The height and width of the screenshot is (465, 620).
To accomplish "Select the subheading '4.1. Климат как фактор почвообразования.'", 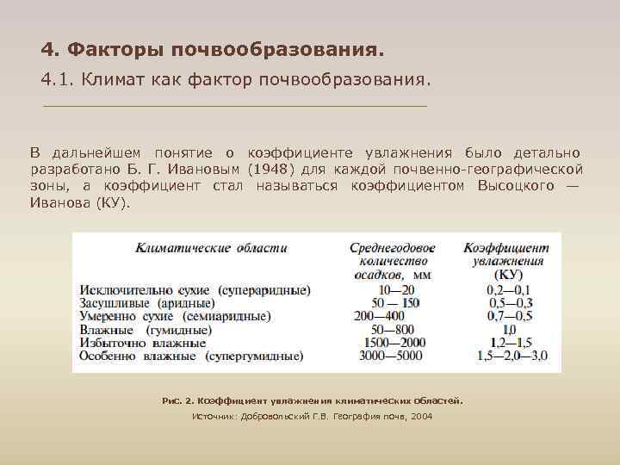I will pos(233,79).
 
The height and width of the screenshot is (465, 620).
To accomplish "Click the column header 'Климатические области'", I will pos(211,248).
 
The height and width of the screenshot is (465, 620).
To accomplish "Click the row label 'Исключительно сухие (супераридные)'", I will pos(195,290).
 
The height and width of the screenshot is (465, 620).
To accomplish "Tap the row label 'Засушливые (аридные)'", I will pos(147,303).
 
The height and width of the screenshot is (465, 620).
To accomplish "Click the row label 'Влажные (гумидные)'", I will pos(146,329).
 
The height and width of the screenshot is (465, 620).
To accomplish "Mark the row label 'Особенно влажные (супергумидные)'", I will pos(190,355).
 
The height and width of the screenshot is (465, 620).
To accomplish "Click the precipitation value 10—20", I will pos(395,290).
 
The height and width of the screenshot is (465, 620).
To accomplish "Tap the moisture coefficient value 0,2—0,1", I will pos(508,290).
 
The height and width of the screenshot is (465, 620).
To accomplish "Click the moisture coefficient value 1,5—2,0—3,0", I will pos(508,355).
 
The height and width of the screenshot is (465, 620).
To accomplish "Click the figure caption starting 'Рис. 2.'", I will pos(313,400).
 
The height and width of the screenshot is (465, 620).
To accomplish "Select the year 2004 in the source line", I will pos(421,416).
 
